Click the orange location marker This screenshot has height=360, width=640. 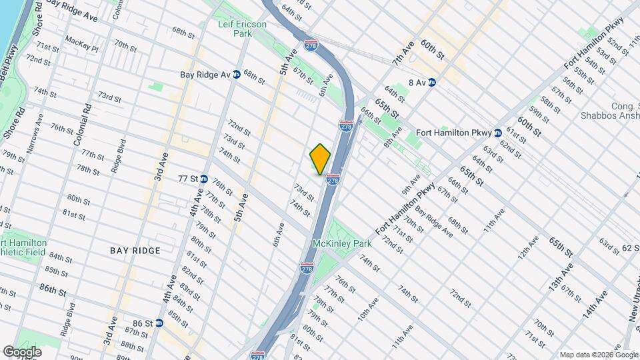(320, 159)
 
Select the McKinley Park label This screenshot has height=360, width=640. (342, 244)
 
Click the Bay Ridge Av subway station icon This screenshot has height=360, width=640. (236, 75)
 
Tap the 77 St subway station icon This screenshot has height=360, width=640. (204, 179)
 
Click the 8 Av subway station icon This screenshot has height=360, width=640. (431, 83)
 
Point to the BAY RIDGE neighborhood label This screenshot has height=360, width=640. (135, 251)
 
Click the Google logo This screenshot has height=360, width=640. (22, 351)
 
